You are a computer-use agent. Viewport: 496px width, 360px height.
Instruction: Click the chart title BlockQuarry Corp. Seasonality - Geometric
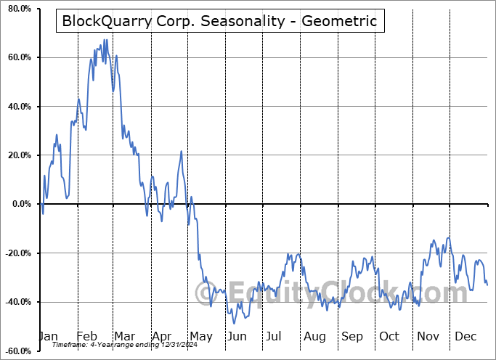click(219, 21)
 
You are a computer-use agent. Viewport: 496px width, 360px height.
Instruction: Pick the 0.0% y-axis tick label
click(19, 204)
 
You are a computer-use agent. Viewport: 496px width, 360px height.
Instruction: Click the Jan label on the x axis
click(48, 337)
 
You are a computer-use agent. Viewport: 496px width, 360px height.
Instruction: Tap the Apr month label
click(161, 337)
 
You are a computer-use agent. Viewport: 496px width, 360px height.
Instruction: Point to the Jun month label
click(236, 337)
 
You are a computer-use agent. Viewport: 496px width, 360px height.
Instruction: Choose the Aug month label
click(314, 337)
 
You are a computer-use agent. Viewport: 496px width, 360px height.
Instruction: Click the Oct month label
click(389, 337)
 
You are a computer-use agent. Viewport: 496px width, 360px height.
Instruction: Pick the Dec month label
click(465, 337)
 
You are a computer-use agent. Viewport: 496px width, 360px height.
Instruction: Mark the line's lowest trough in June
click(233, 323)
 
